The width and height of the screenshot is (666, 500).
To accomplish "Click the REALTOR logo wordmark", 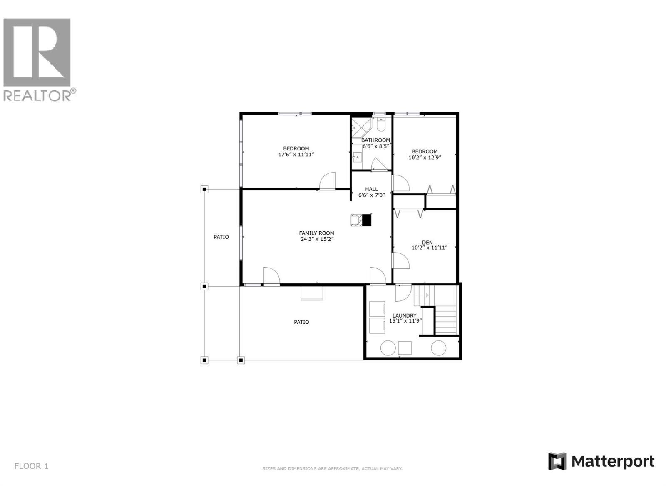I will click(40, 95).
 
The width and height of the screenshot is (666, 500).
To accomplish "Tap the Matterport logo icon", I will click(557, 461).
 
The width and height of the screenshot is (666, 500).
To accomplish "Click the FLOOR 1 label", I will click(31, 466).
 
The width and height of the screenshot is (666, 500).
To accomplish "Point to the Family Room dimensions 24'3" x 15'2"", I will click(317, 239).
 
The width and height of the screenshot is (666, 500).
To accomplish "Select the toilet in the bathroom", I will click(381, 125).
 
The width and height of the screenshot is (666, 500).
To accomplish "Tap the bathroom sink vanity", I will click(357, 157).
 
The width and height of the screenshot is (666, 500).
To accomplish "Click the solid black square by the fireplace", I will click(366, 220).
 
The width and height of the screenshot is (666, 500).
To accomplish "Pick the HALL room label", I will click(371, 189).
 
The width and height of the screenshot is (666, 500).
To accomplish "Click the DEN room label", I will click(427, 242).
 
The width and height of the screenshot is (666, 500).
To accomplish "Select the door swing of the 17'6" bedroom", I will click(328, 181).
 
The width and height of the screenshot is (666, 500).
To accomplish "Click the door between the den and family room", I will click(401, 260).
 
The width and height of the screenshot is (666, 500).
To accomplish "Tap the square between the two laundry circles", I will click(405, 348).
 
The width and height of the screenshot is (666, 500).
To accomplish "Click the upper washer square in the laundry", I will click(377, 309).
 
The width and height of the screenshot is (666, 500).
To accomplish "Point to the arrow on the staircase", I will click(427, 295).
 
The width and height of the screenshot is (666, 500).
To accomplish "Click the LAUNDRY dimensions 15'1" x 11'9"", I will click(404, 321).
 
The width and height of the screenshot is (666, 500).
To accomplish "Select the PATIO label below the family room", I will click(301, 322).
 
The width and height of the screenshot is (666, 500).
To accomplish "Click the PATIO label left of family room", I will click(221, 237).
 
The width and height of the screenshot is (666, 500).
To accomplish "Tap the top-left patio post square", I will click(204, 190).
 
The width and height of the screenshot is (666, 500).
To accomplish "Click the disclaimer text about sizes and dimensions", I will click(332, 469).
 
